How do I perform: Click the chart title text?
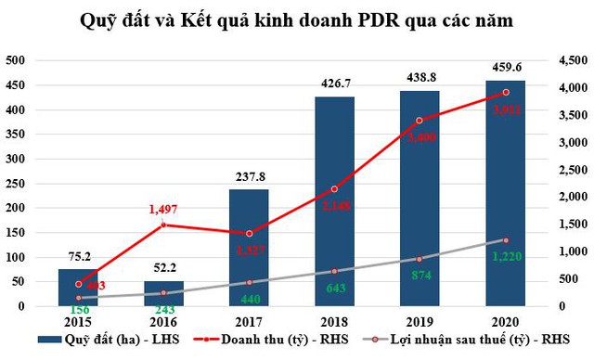(297, 20)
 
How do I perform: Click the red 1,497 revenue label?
(164, 211)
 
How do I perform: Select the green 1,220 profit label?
(507, 255)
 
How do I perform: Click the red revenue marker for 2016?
(164, 225)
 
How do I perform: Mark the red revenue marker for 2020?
(507, 92)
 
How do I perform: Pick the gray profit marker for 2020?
(507, 240)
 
